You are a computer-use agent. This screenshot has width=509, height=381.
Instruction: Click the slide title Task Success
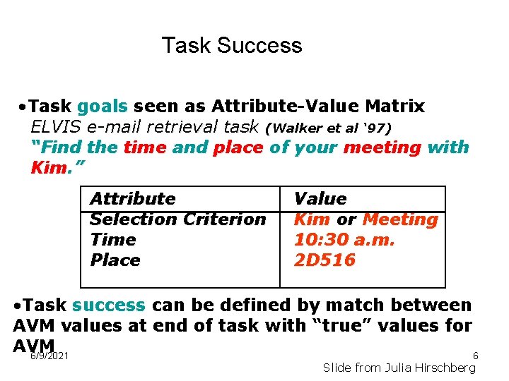pyautogui.click(x=232, y=45)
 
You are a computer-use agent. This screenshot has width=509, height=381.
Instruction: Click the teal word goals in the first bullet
pyautogui.click(x=103, y=107)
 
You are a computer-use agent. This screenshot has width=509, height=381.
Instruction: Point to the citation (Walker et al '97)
pyautogui.click(x=328, y=128)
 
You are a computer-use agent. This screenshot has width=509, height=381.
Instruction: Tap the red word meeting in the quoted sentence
pyautogui.click(x=382, y=147)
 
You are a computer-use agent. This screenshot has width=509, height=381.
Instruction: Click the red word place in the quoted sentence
pyautogui.click(x=238, y=147)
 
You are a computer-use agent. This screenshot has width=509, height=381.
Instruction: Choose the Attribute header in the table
pyautogui.click(x=132, y=199)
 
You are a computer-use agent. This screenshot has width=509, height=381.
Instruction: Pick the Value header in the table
pyautogui.click(x=320, y=199)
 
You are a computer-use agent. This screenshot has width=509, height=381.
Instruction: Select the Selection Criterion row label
pyautogui.click(x=177, y=219)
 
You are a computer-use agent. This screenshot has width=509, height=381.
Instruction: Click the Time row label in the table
pyautogui.click(x=112, y=240)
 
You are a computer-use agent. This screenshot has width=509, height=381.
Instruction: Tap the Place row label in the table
pyautogui.click(x=115, y=260)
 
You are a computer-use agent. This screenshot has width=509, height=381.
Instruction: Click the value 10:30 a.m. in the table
pyautogui.click(x=344, y=240)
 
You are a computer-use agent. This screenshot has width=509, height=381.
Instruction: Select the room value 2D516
pyautogui.click(x=324, y=260)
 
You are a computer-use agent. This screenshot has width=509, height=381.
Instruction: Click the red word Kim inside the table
pyautogui.click(x=311, y=219)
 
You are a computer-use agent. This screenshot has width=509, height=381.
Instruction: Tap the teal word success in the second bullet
pyautogui.click(x=108, y=306)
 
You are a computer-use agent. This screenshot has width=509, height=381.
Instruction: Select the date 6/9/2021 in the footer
pyautogui.click(x=49, y=356)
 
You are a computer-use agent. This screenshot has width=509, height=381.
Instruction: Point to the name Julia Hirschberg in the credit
pyautogui.click(x=438, y=368)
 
